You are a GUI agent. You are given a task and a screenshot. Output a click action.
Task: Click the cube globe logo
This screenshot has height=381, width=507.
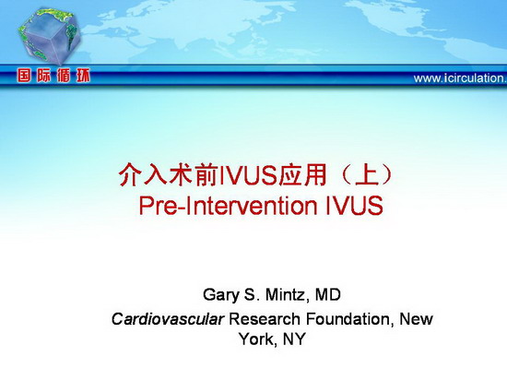[50, 36]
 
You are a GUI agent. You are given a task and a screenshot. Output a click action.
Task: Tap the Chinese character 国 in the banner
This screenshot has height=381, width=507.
[24, 76]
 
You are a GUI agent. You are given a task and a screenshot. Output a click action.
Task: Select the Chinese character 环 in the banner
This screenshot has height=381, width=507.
[83, 76]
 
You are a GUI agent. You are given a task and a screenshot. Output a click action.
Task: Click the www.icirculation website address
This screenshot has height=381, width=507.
[460, 78]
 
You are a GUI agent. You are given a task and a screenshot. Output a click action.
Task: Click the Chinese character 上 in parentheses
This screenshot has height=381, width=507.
[366, 174]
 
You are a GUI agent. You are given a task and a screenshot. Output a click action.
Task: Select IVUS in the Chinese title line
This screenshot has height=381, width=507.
[248, 175]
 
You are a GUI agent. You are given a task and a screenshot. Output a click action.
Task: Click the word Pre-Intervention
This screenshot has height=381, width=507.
[228, 205]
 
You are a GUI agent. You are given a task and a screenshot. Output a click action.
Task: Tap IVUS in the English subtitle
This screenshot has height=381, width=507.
[354, 205]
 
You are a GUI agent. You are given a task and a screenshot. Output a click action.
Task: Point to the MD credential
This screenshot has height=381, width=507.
[328, 294]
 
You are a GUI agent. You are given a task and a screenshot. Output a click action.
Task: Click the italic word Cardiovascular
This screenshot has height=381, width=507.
[168, 319]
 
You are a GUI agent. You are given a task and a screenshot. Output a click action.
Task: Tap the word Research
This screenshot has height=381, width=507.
[265, 319]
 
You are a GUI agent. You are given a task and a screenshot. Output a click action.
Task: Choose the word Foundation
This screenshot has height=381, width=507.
[349, 319]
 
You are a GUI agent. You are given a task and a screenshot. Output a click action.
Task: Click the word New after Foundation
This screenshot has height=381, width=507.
[416, 319]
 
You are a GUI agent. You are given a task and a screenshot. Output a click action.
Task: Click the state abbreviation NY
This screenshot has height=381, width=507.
[294, 339]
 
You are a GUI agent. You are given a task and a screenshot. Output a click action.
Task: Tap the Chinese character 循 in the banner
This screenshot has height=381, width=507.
[64, 76]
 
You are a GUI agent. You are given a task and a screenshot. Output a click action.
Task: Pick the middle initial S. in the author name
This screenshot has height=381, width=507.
[253, 294]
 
